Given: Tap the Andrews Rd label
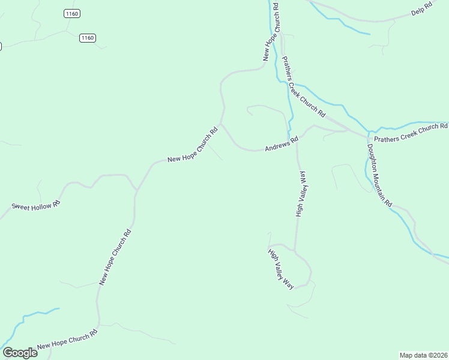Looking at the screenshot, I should coord(282,145).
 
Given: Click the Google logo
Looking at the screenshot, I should coord(20,352).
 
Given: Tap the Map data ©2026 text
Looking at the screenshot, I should coord(423,355).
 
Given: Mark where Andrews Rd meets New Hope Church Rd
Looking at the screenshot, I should coord(221,124).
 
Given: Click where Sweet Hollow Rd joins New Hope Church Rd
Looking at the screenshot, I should coord(136,191).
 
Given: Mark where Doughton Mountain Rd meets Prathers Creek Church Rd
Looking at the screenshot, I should coord(367,136).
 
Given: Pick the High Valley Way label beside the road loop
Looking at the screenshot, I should coord(281,268).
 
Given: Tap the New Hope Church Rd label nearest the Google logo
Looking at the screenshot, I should coord(67,340).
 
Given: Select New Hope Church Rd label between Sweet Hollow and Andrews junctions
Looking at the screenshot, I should coord(192,145).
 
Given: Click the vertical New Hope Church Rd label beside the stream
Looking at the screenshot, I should coord(271,31).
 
